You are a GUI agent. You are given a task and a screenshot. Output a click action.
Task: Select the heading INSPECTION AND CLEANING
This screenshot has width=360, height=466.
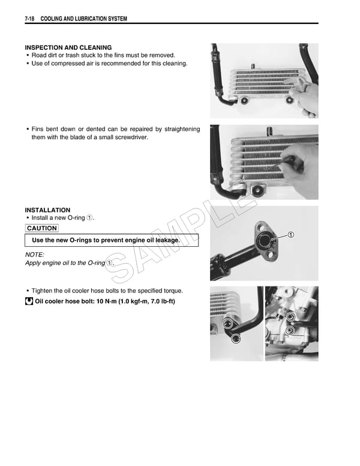tap(68, 47)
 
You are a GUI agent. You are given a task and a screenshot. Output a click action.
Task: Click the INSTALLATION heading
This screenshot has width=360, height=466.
tap(47, 210)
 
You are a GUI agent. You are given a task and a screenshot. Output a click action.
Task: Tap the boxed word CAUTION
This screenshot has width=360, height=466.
tap(42, 228)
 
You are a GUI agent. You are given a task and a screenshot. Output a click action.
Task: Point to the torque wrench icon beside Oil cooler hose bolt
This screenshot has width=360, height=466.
tap(29, 301)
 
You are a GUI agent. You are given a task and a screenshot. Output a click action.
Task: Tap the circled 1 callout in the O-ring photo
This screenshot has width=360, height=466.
tap(290, 234)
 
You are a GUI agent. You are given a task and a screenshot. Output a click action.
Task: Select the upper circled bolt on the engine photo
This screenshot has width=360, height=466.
tap(290, 317)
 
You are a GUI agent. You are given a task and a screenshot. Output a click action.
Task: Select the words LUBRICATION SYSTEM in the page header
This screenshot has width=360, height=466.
tap(100, 19)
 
